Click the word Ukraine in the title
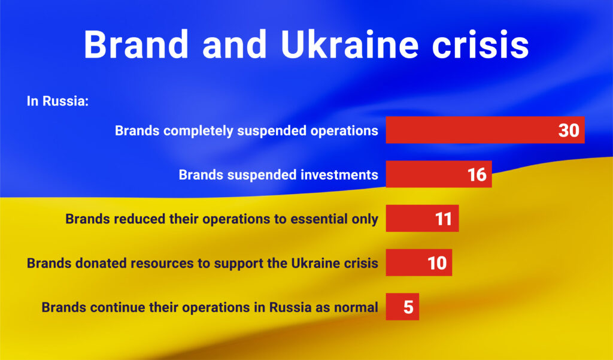click(350, 44)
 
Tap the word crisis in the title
click(481, 44)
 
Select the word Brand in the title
click(136, 44)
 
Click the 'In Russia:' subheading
click(58, 101)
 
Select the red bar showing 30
click(485, 130)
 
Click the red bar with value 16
click(439, 174)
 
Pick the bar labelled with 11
click(422, 219)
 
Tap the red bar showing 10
click(418, 262)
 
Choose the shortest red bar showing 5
click(402, 307)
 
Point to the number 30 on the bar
click(569, 131)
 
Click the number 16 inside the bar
click(477, 174)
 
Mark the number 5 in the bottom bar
click(408, 307)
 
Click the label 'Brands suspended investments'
click(278, 174)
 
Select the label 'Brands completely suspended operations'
click(247, 131)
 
